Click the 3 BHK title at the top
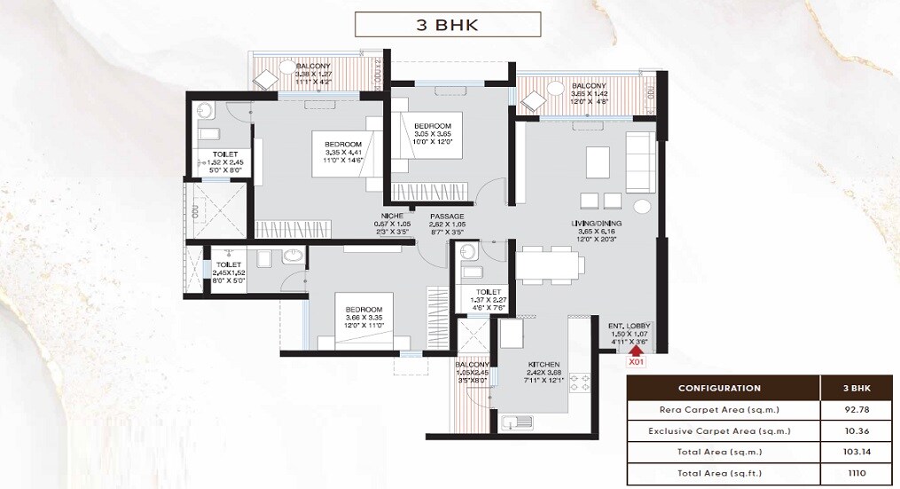[x=448, y=24]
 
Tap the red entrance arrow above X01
[x=635, y=350]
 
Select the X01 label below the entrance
[x=636, y=362]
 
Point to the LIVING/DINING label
[x=596, y=222]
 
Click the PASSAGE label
[x=447, y=217]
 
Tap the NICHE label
[x=393, y=217]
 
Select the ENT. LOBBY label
[x=629, y=327]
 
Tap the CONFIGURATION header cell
[x=719, y=388]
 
